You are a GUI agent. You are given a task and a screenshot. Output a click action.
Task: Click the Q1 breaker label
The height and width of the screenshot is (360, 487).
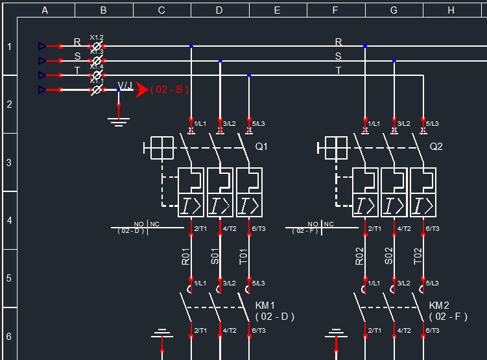click(261, 147)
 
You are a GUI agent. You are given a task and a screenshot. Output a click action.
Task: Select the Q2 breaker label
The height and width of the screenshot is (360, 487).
click(436, 147)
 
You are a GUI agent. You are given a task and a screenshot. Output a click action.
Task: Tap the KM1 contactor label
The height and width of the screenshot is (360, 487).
click(265, 306)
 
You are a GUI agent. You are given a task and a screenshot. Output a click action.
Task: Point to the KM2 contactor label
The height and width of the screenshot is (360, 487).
click(439, 306)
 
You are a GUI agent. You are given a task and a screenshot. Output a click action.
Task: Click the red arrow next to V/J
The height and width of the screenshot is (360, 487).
click(143, 90)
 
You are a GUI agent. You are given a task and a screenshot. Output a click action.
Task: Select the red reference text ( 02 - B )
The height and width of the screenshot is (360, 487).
click(170, 90)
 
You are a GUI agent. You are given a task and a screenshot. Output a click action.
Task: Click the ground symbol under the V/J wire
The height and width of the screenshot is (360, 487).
click(118, 121)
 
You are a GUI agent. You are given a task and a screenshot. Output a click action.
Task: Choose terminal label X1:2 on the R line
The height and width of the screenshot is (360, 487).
click(97, 38)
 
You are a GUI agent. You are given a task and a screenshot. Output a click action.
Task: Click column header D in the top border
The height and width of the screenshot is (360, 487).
click(219, 10)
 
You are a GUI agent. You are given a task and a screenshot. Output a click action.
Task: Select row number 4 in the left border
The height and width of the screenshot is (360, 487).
click(9, 221)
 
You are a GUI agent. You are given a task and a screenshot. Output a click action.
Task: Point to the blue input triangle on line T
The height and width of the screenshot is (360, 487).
click(42, 75)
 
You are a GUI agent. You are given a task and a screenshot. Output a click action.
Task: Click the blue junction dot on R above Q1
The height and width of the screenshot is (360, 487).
click(191, 46)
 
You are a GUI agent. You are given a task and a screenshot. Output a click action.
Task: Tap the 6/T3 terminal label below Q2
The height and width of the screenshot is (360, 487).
click(432, 229)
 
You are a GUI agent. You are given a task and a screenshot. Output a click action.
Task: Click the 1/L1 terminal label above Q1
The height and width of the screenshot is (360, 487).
click(199, 123)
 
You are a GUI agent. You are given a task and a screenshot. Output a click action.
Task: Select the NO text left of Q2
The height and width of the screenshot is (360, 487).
click(313, 224)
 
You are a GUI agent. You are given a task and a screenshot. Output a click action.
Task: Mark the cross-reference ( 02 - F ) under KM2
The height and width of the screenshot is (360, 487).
click(448, 317)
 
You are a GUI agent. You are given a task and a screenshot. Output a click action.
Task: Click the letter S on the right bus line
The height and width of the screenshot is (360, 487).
click(338, 56)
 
